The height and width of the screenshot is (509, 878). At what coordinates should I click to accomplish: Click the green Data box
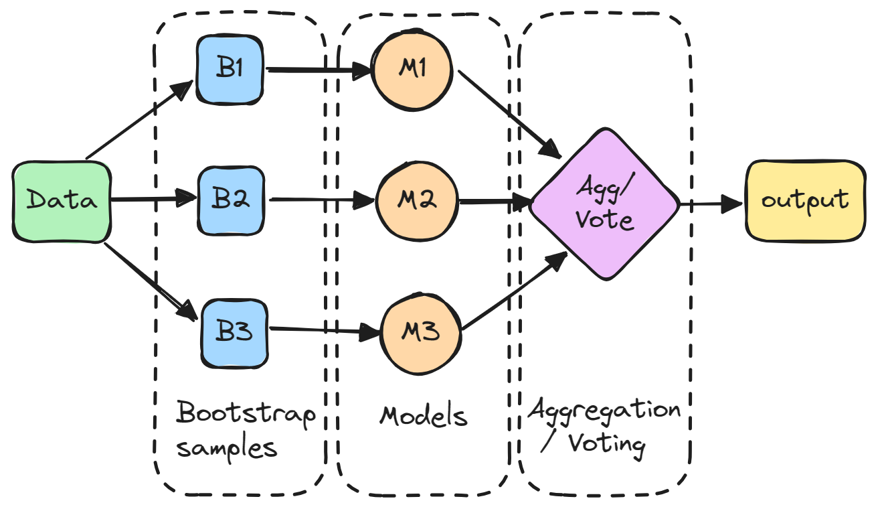click(x=62, y=202)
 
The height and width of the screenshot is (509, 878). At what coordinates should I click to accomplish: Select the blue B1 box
click(x=230, y=70)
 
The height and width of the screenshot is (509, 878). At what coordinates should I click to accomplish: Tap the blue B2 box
click(x=231, y=201)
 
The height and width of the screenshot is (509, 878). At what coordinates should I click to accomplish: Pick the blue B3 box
click(x=234, y=334)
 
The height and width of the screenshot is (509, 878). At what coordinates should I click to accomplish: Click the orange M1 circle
click(x=412, y=70)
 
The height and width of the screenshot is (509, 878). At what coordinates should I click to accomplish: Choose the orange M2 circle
click(x=417, y=201)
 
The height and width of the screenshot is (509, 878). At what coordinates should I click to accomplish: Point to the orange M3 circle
click(x=420, y=334)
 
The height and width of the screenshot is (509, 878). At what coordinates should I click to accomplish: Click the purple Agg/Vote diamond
click(x=604, y=204)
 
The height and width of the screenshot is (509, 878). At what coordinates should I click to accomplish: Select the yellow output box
click(x=806, y=201)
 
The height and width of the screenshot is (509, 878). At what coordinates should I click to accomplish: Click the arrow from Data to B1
click(x=140, y=120)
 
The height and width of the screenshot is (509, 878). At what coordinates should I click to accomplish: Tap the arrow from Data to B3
click(x=151, y=282)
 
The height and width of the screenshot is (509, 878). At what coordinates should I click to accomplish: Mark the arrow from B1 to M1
click(x=319, y=70)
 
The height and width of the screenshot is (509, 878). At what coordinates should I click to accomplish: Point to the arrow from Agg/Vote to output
click(x=711, y=204)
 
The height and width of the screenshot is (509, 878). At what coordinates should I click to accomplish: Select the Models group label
click(x=424, y=416)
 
